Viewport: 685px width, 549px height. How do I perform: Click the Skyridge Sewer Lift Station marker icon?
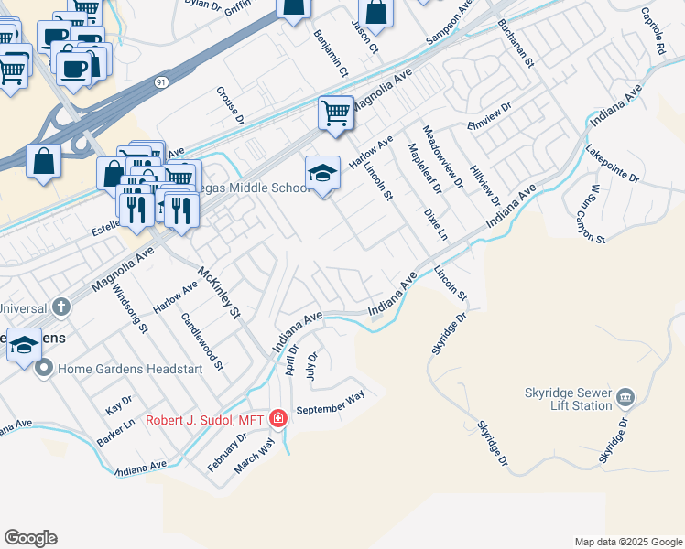pyautogui.click(x=625, y=396)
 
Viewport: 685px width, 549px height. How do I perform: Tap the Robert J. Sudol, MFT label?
pyautogui.click(x=205, y=419)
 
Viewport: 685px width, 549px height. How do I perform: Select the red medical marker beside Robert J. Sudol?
pyautogui.click(x=278, y=419)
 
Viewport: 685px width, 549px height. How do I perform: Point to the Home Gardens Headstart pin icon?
pyautogui.click(x=43, y=369)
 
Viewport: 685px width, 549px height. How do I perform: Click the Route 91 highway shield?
pyautogui.click(x=161, y=82)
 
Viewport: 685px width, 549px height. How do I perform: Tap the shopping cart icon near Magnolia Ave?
pyautogui.click(x=336, y=113)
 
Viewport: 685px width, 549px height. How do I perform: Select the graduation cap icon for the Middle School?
pyautogui.click(x=321, y=173)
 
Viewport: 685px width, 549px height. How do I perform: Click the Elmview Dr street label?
pyautogui.click(x=489, y=125)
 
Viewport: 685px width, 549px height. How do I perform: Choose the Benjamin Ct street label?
pyautogui.click(x=331, y=52)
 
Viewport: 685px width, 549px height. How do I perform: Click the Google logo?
pyautogui.click(x=30, y=538)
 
